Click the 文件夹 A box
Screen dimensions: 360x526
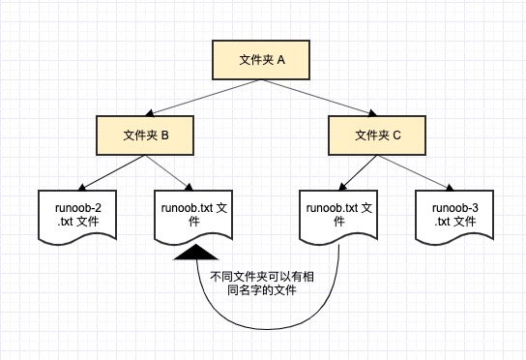coord(262,60)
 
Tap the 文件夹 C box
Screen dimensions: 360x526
coord(378,135)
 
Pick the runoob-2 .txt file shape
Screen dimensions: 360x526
coord(77,215)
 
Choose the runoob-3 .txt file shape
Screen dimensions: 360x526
coord(453,215)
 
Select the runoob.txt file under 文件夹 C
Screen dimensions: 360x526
coord(338,215)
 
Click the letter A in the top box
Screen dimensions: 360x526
coord(281,60)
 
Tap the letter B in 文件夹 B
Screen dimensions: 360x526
coord(165,135)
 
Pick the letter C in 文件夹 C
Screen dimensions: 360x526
coord(397,135)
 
